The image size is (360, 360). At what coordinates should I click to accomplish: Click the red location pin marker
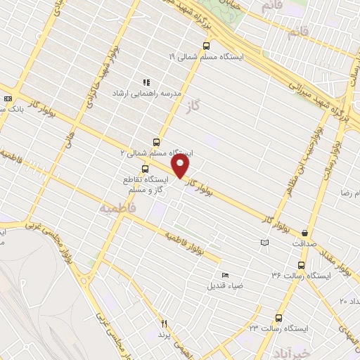coord(181,166)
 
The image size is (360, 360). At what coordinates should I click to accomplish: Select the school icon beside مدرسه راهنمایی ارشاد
coord(147,83)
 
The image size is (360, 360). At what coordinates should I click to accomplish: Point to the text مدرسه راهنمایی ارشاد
coord(147,92)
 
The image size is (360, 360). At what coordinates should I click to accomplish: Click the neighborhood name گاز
coord(194,108)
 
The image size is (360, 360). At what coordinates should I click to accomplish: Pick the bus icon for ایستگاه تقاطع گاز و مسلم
coord(145,169)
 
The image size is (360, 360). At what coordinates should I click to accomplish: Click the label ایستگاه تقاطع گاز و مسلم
coord(146,185)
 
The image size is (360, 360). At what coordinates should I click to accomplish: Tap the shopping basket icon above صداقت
coord(304,232)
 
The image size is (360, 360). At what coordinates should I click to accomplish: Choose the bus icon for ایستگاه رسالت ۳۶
coord(302,266)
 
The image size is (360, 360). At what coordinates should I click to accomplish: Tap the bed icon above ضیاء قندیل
coord(225,275)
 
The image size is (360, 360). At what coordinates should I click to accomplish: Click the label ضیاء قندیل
coord(225,285)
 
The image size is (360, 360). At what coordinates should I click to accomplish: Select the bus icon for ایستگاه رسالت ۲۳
coord(278,318)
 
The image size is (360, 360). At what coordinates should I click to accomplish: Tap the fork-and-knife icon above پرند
coord(165,324)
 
